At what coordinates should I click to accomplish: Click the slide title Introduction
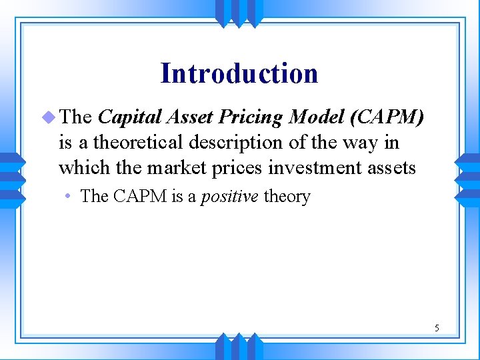click(239, 73)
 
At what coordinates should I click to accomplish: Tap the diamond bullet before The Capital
click(48, 117)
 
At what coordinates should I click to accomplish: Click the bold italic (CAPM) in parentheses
click(387, 117)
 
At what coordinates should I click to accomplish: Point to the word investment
click(314, 168)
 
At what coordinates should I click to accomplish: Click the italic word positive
click(230, 197)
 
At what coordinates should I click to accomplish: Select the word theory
click(287, 197)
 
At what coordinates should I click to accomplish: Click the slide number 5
click(437, 327)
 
